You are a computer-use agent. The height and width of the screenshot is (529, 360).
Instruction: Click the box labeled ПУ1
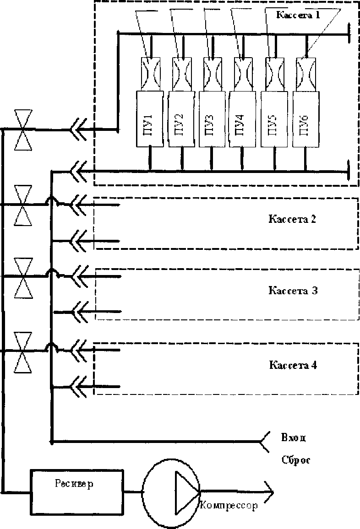(149, 119)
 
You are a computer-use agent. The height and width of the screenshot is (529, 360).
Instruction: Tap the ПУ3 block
(212, 119)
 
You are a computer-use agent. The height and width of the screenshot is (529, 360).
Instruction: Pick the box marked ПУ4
(242, 119)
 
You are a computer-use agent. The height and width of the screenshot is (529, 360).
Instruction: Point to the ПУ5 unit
(275, 119)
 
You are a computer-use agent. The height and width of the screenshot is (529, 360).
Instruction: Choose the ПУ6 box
(305, 119)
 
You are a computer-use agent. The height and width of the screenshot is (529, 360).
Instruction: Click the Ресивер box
(76, 486)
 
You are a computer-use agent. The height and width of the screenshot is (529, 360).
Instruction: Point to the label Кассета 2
(292, 219)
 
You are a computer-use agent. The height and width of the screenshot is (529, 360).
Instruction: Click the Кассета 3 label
(293, 291)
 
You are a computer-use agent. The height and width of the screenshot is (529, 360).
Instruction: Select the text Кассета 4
(293, 366)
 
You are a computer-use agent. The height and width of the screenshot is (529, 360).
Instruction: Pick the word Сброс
(296, 460)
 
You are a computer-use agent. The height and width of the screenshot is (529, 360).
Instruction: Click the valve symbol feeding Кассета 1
(22, 130)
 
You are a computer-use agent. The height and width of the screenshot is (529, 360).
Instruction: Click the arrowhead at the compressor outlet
(268, 492)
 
